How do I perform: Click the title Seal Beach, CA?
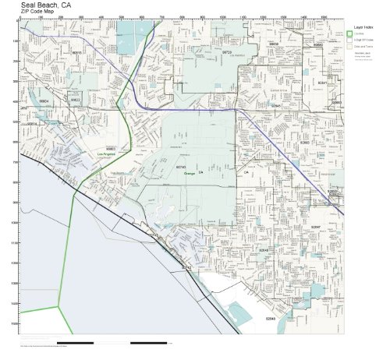point(49,5)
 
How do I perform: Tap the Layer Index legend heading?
point(363,26)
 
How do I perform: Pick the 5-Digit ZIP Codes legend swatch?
point(350,41)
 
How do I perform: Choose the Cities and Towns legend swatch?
point(350,48)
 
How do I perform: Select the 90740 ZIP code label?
point(180,167)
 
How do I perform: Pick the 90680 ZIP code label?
point(317,44)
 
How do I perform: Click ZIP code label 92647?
point(316,226)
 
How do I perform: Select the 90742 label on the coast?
point(186,266)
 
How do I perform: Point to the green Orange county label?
point(189,173)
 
